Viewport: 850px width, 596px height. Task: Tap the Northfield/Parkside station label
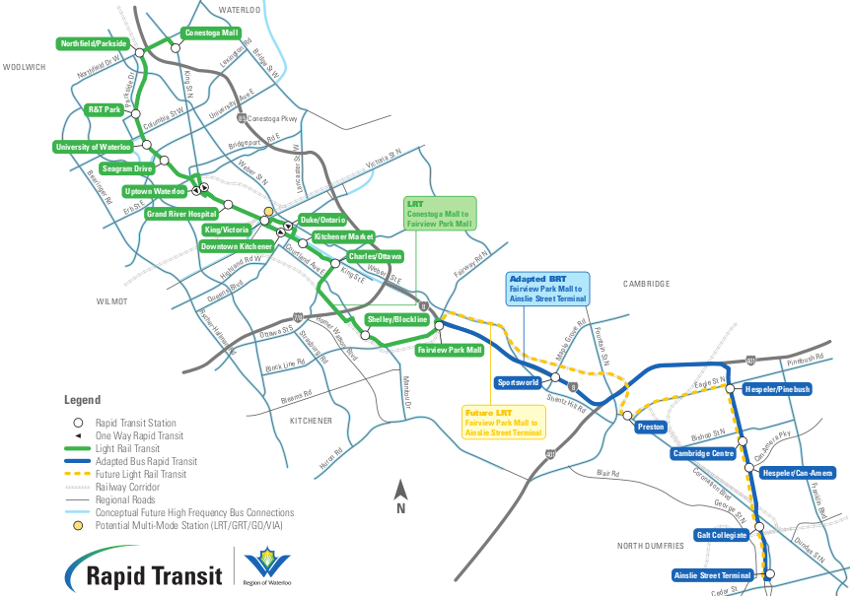pos(95,44)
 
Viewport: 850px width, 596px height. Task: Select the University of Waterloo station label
pos(93,147)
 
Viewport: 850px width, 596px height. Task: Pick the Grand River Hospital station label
pos(180,213)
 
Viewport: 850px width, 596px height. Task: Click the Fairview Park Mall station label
pos(449,350)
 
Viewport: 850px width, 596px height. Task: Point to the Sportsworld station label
pos(519,381)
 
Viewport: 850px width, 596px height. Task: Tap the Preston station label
pos(652,427)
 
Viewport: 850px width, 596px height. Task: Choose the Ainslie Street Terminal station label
pos(713,575)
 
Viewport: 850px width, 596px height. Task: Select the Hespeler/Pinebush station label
pos(774,389)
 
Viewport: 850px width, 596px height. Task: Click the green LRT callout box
pos(440,214)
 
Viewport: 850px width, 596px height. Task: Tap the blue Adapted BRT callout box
pos(546,289)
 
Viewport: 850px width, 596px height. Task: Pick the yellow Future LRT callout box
pos(504,422)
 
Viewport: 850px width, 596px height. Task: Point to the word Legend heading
pos(82,400)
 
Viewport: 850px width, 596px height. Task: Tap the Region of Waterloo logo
pos(266,568)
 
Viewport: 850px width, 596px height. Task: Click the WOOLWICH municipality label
pos(25,67)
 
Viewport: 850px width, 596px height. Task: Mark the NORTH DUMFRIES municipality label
pos(651,545)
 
